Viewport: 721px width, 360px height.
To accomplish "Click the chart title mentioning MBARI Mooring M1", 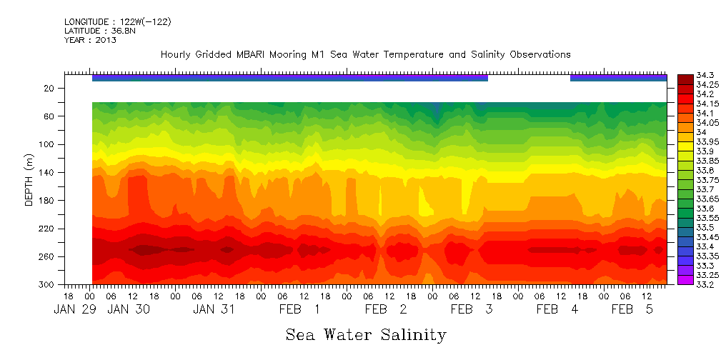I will [x=365, y=54].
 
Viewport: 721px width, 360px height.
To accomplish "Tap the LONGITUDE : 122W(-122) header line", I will [x=117, y=22].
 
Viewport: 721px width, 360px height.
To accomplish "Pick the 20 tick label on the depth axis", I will [x=50, y=89].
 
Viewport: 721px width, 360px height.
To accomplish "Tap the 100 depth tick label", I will [x=47, y=144].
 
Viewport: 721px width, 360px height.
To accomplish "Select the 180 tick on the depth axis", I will [x=47, y=201].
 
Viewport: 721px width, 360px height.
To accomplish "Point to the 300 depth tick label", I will [x=47, y=285].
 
